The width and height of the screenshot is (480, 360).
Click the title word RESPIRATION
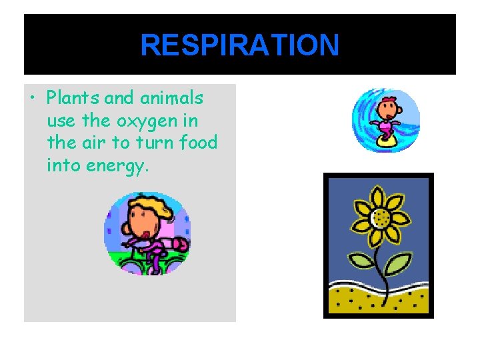click(239, 46)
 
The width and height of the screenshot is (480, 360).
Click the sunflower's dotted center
click(381, 217)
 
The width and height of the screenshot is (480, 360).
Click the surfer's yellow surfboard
click(385, 141)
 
